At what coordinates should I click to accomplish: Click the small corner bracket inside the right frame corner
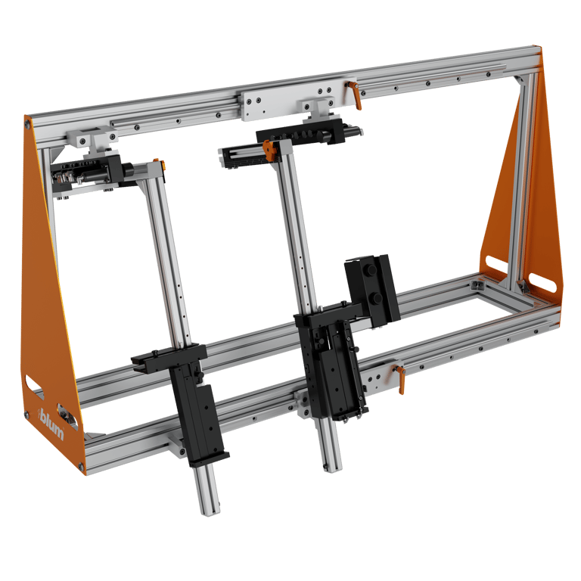coord(477,284)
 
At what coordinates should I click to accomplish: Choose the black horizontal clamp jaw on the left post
coord(168,354)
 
